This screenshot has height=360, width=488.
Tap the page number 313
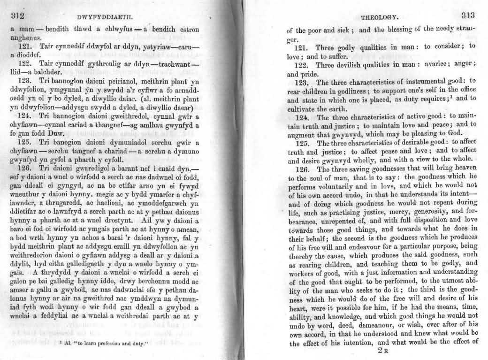(x=468, y=15)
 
